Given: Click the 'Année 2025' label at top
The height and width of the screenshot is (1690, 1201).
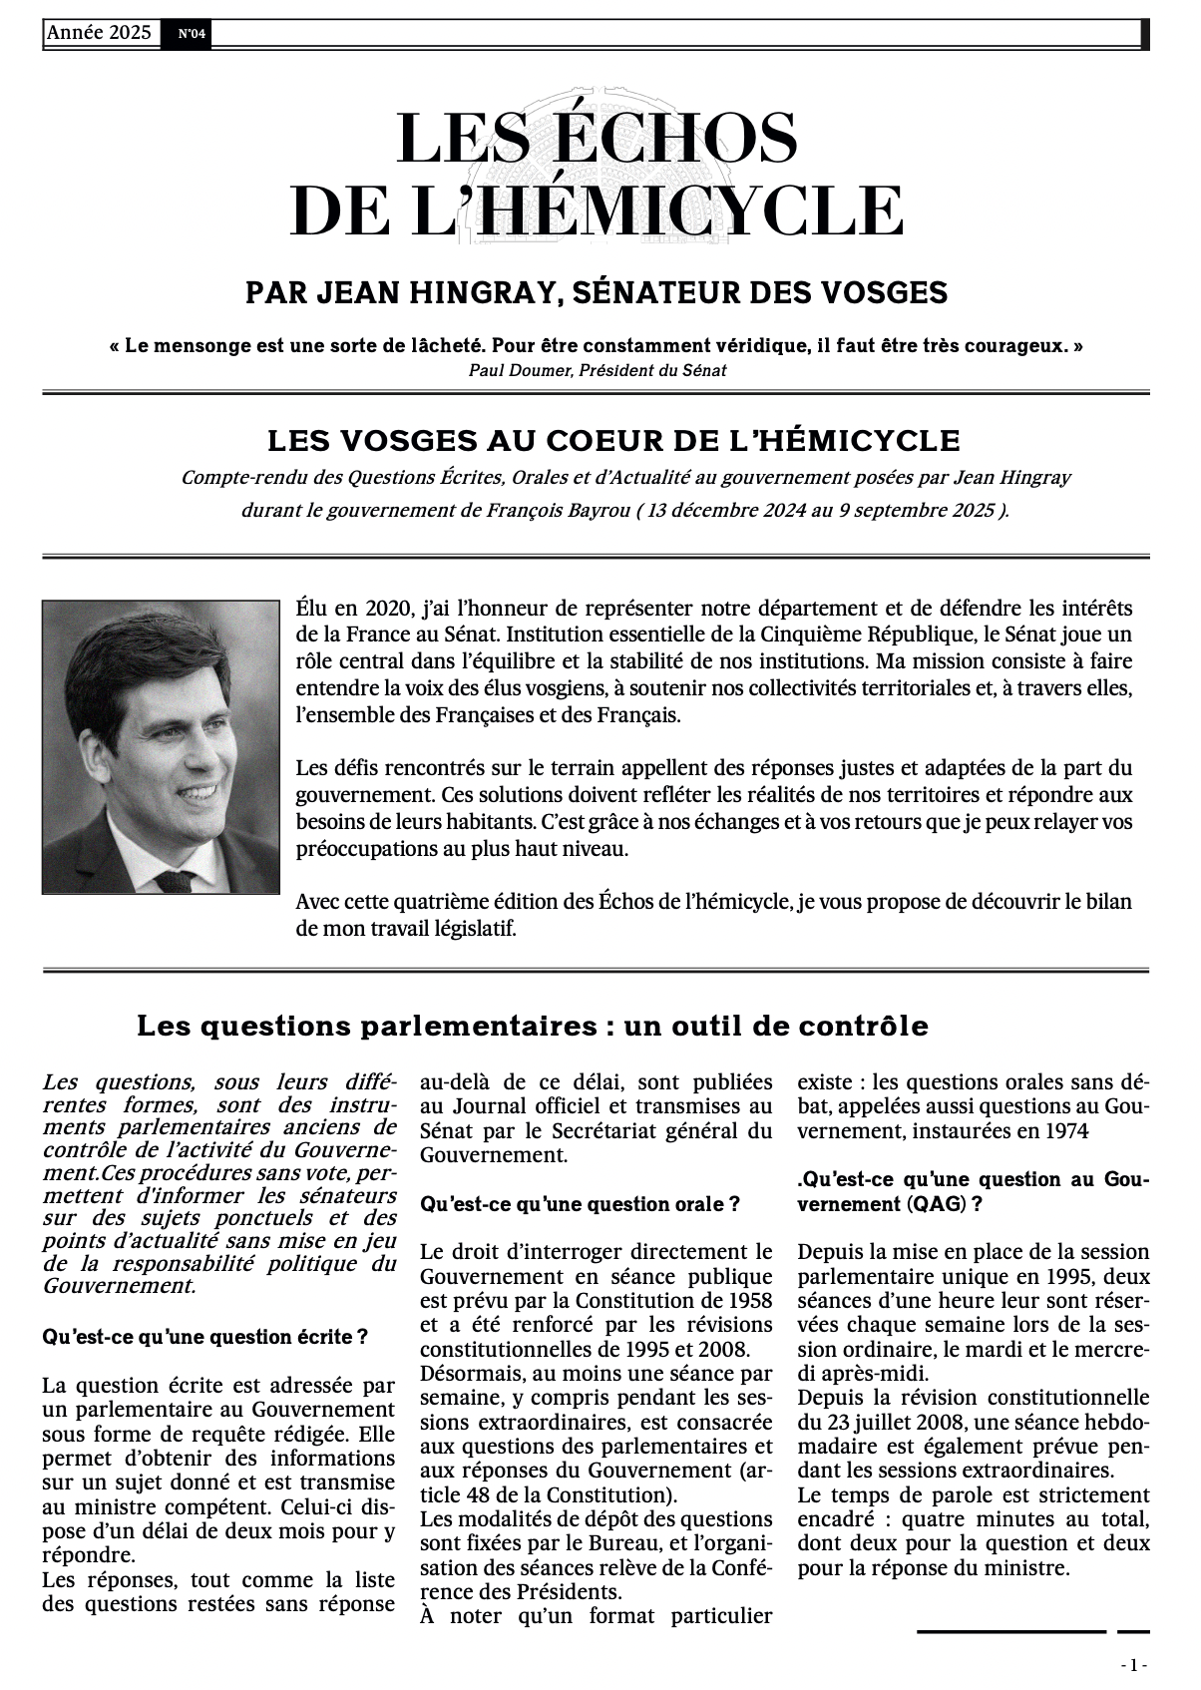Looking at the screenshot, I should (x=99, y=33).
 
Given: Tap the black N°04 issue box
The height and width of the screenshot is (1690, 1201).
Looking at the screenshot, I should (x=192, y=34).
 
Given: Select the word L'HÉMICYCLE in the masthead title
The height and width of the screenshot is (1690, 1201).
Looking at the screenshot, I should (x=679, y=210).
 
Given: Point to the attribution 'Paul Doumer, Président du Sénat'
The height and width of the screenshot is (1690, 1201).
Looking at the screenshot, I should (x=598, y=370).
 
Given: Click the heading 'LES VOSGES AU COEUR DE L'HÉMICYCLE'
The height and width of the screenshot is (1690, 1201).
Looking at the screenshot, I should (x=613, y=440).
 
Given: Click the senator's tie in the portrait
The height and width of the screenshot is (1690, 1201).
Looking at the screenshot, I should (x=178, y=881).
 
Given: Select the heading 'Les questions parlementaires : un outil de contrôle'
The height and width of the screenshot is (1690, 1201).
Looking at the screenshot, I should (x=532, y=1026).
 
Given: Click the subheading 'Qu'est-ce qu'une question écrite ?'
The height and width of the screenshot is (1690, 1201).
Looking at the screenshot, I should (x=204, y=1337).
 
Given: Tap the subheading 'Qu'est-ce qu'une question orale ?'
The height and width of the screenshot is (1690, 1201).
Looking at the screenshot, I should (x=580, y=1204).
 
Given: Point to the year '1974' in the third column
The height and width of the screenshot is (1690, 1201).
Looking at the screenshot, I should (x=1064, y=1131).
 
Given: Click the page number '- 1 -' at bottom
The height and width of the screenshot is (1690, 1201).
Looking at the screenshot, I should (x=1134, y=1665).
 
